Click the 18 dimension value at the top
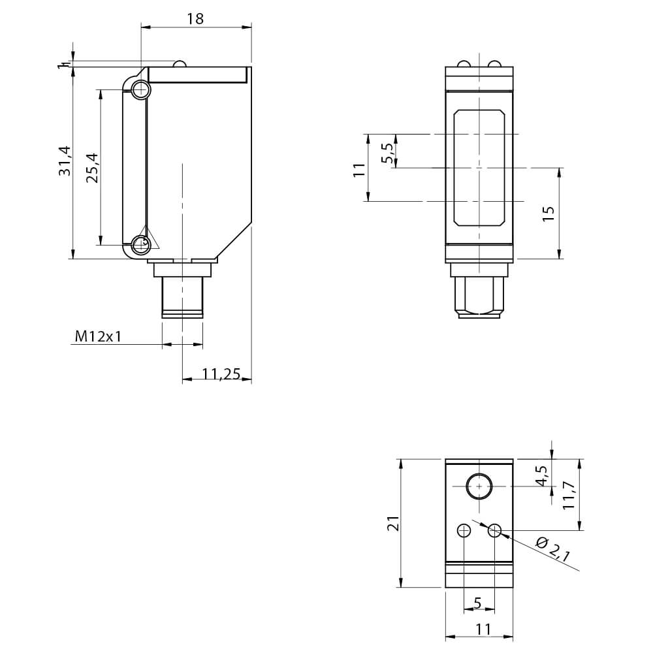pyautogui.click(x=195, y=19)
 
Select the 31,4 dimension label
pyautogui.click(x=65, y=161)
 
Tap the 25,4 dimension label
pyautogui.click(x=93, y=168)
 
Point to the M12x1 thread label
pyautogui.click(x=99, y=336)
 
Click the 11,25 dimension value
pyautogui.click(x=221, y=374)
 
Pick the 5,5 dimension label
pyautogui.click(x=387, y=153)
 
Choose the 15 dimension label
pyautogui.click(x=549, y=214)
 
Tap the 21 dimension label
pyautogui.click(x=394, y=523)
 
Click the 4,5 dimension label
pyautogui.click(x=542, y=475)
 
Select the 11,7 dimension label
pyautogui.click(x=569, y=495)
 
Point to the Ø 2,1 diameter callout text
pyautogui.click(x=552, y=550)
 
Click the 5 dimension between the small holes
pyautogui.click(x=478, y=603)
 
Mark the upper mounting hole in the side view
pyautogui.click(x=141, y=89)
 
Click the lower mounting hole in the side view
pyautogui.click(x=141, y=245)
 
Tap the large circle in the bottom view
pyautogui.click(x=479, y=486)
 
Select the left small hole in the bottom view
pyautogui.click(x=464, y=531)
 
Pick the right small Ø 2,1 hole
pyautogui.click(x=495, y=531)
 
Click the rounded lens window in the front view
pyautogui.click(x=479, y=168)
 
